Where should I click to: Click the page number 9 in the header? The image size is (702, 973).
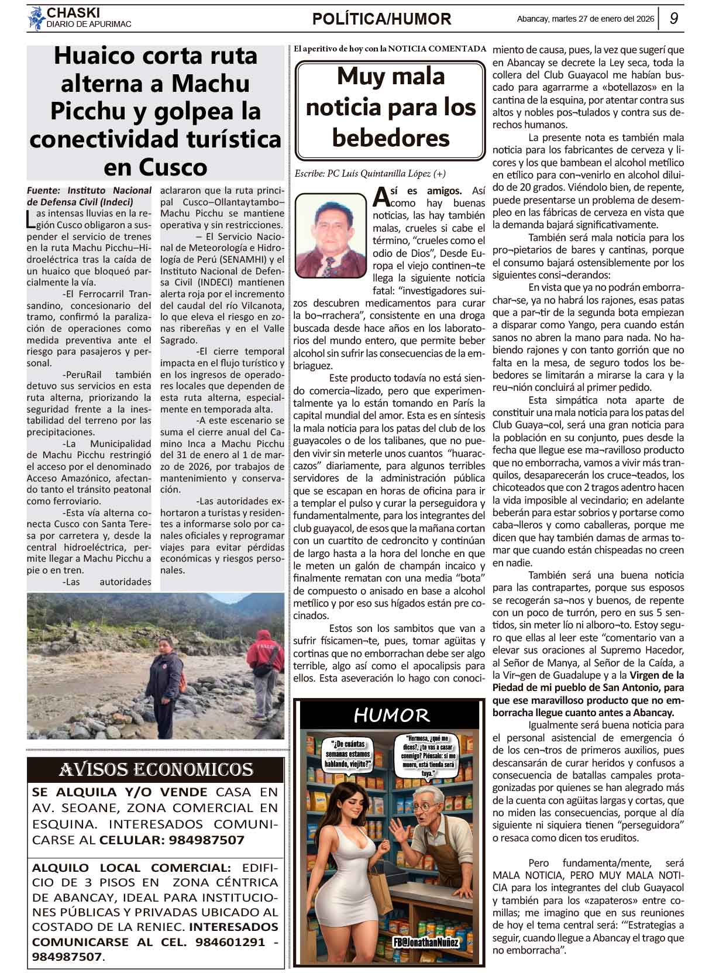tap(673, 18)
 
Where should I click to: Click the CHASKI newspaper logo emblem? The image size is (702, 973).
tap(36, 18)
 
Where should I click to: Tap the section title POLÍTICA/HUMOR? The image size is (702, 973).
tap(381, 19)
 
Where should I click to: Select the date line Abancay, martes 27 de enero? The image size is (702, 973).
tap(585, 19)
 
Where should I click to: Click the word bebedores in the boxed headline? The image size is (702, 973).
tap(391, 139)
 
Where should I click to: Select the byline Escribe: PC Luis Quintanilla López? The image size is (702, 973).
tap(370, 174)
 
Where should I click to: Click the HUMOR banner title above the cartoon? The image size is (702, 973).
tap(391, 715)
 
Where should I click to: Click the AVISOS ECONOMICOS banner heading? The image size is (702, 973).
tap(156, 769)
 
